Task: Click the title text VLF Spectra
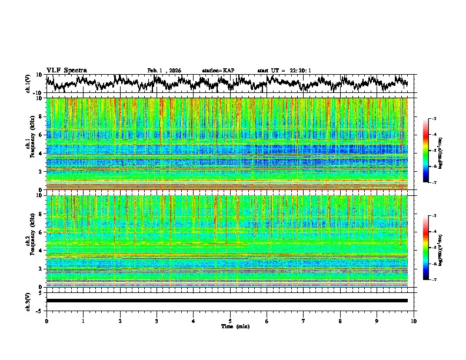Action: point(66,71)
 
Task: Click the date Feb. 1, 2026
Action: point(164,71)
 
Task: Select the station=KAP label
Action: point(218,71)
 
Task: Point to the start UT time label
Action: point(284,71)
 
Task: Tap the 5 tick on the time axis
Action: point(230,321)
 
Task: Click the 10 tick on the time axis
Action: point(414,321)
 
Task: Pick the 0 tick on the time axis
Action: point(46,321)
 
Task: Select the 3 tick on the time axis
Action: point(157,321)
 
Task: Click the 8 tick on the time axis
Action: point(340,321)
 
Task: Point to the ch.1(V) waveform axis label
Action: point(28,84)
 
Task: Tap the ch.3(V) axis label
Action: point(28,301)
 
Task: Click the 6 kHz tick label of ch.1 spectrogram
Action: point(42,135)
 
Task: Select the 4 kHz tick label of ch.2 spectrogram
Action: point(42,250)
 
